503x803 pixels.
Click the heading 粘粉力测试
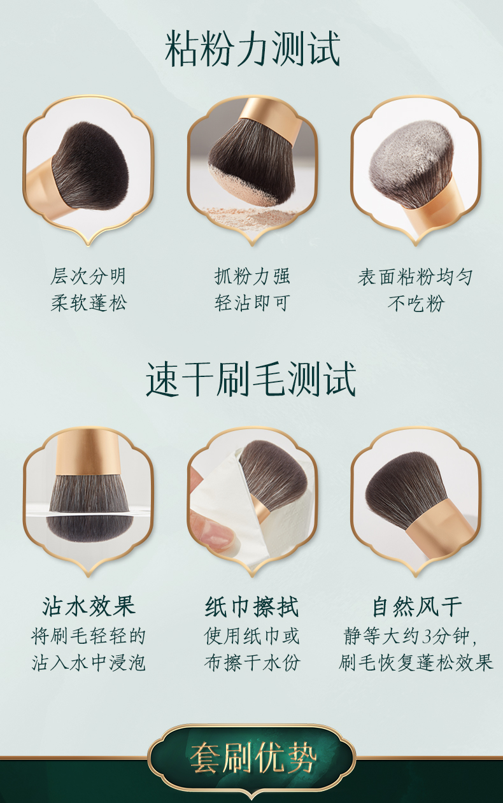coord(252,48)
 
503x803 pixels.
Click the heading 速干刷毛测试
coord(251,379)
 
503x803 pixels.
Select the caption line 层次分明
coord(89,276)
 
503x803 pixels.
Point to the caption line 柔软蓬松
coord(89,303)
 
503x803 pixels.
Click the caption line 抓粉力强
coord(252,276)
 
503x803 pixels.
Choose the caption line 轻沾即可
coord(252,303)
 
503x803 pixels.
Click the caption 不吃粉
coord(416,303)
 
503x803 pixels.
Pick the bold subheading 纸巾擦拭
coord(251,607)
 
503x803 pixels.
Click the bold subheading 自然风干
coord(416,607)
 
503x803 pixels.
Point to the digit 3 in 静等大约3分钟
coord(427,637)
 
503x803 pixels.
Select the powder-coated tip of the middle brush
coord(244,189)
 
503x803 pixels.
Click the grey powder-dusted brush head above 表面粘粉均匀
coord(411,163)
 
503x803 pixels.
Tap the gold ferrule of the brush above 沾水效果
coord(89,453)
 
